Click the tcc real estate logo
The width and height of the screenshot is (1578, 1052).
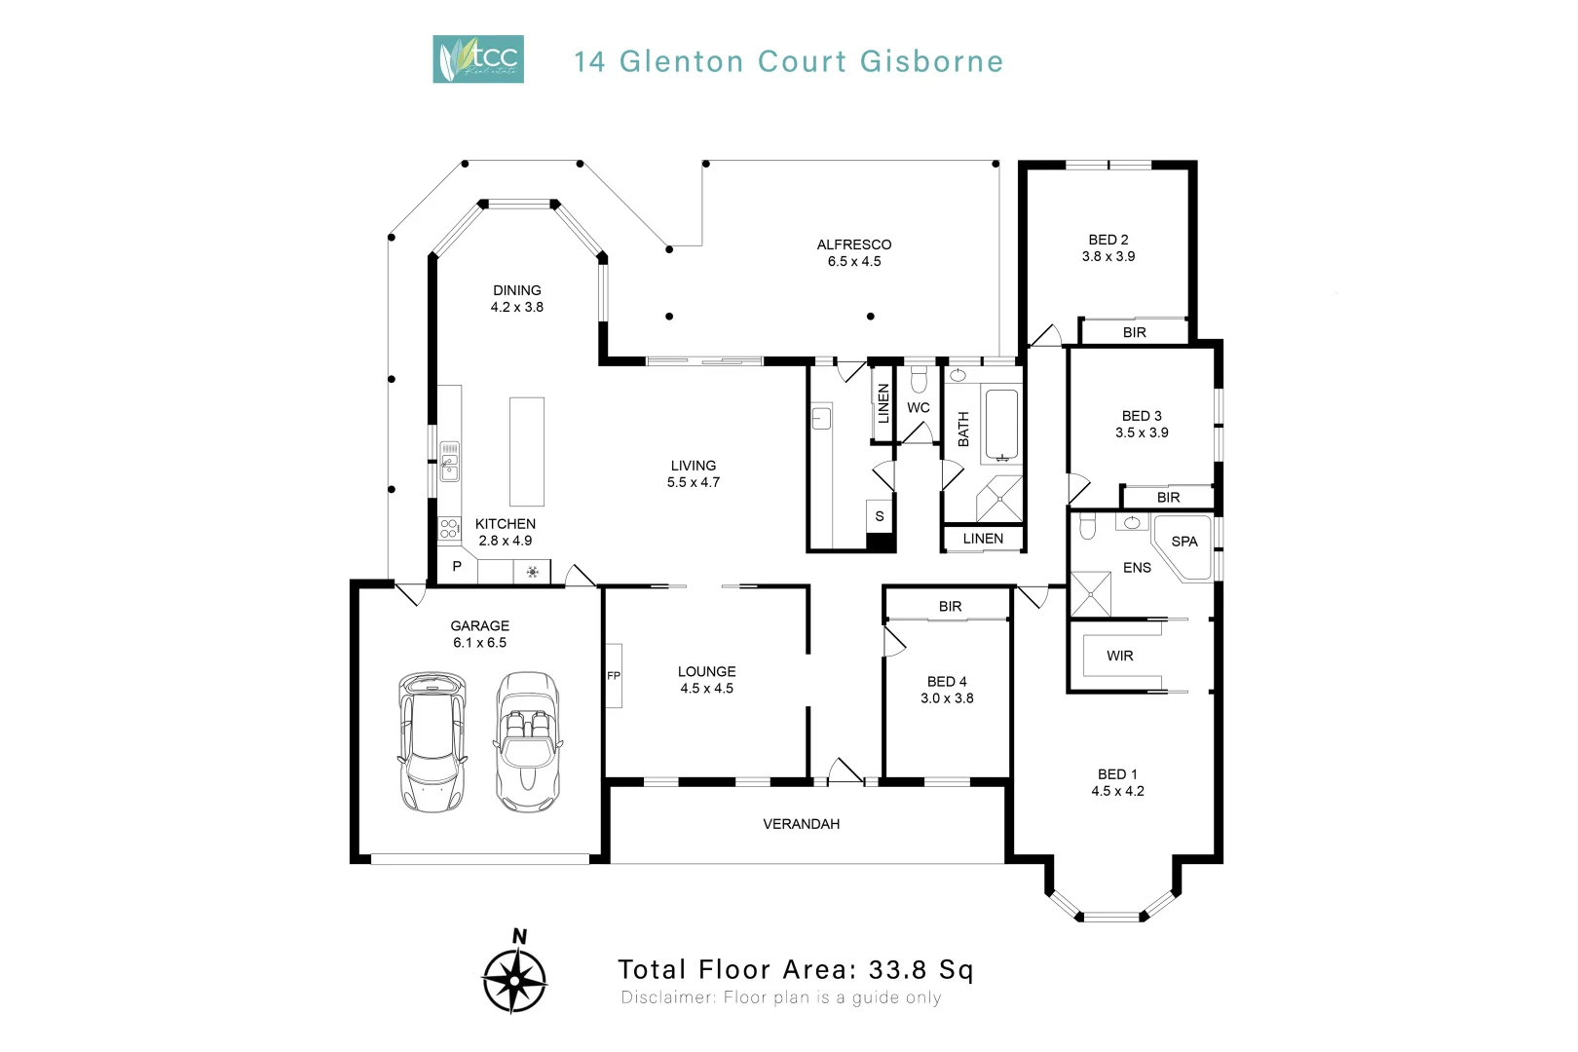coord(477,59)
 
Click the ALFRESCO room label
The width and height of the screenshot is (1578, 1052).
coord(853,244)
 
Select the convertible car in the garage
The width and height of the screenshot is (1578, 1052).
coord(527,742)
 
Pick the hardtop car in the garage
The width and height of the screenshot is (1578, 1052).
coord(431,742)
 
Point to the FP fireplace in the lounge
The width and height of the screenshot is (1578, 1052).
coord(614,675)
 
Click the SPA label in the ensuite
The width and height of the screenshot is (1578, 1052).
coord(1184,542)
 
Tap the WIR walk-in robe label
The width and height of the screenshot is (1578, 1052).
coord(1119,656)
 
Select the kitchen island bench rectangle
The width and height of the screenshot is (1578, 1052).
coord(527,451)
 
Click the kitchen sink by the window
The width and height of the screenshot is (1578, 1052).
coord(449,462)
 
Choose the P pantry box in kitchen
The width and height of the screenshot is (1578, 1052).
coord(457,567)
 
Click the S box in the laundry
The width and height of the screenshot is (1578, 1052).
coord(880,516)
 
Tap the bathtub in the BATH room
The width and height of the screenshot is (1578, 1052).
coord(1001,425)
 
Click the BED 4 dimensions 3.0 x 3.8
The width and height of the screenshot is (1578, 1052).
coord(947,698)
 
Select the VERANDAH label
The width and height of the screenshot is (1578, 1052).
coord(801,824)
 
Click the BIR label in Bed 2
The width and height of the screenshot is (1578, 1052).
coord(1134,332)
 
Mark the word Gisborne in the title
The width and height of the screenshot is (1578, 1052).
coord(931,61)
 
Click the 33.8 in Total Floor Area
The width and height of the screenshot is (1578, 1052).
coord(897,969)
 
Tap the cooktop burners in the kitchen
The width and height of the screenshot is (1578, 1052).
coord(449,528)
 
